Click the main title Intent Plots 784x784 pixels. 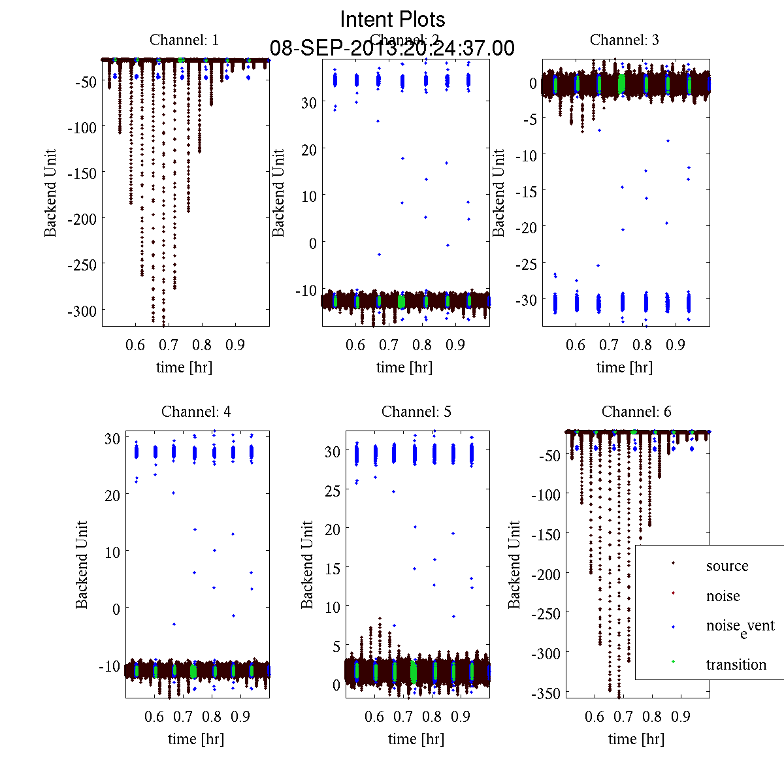393,19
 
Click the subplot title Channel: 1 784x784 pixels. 184,40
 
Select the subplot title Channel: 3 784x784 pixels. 625,40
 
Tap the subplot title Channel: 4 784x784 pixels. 196,412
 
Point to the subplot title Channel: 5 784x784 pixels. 416,412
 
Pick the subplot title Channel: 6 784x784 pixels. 636,412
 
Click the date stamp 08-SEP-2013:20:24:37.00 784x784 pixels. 392,48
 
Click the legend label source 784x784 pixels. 727,566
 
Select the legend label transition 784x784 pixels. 736,665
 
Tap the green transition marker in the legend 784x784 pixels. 673,662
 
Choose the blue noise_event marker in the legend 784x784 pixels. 673,627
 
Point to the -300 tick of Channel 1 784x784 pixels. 82,310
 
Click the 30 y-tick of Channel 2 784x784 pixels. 308,103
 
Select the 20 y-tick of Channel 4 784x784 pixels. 112,495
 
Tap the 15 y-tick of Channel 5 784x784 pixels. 333,568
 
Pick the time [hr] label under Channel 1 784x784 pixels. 184,367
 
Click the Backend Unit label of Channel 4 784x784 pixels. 82,564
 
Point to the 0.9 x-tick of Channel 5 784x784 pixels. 461,717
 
